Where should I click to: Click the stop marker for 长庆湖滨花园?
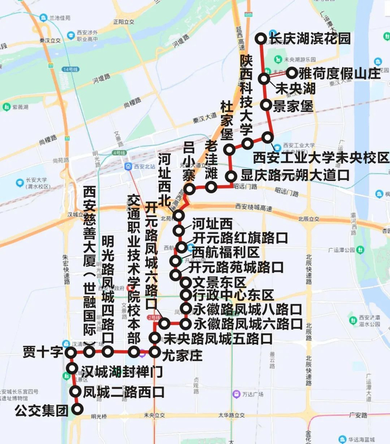(260, 38)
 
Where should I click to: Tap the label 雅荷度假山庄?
(339, 73)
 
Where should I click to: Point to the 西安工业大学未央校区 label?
(320, 158)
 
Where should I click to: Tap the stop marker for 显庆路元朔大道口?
(231, 177)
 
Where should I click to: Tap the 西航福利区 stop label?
(226, 252)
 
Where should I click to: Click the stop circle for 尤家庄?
(155, 352)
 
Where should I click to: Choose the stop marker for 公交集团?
(77, 409)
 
